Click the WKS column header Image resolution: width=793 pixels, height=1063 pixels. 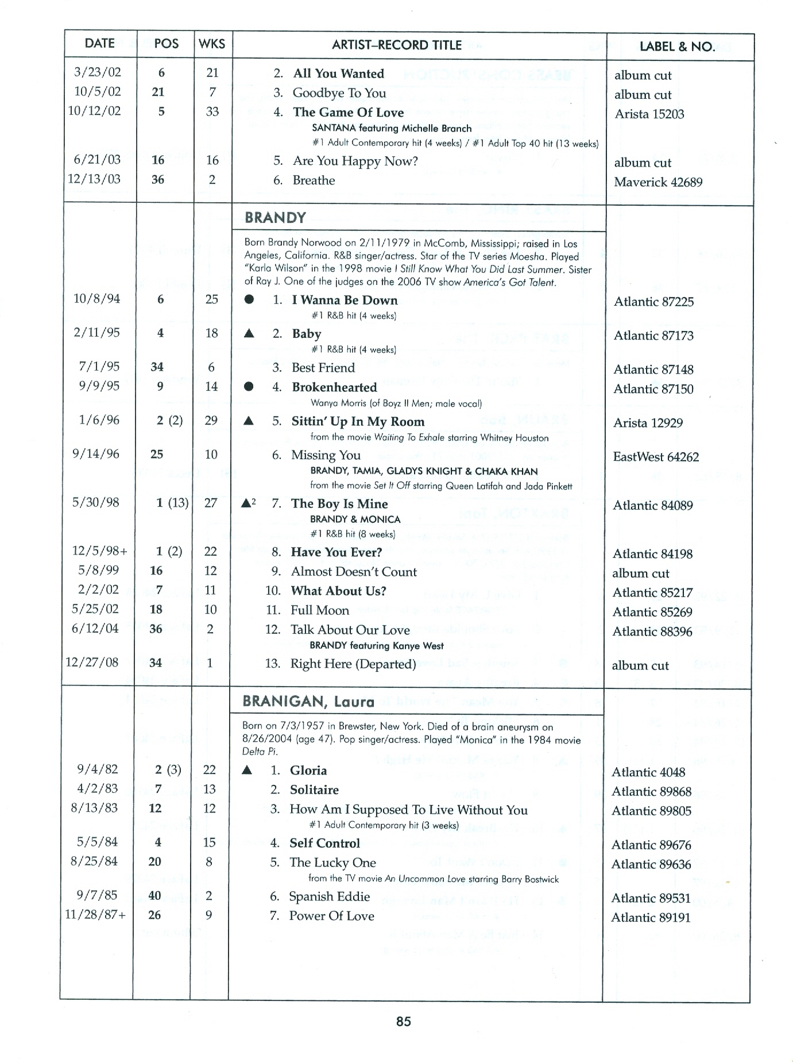[212, 44]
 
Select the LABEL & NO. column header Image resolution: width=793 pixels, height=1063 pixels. [678, 47]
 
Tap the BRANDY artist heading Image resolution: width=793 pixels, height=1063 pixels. [275, 217]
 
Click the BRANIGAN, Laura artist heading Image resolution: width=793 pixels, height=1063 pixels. [308, 701]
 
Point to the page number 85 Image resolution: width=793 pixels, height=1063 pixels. [403, 1021]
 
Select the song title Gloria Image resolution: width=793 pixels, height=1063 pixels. [308, 771]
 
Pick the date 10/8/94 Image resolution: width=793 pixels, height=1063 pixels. [97, 298]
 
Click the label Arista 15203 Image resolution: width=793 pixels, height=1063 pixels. [649, 114]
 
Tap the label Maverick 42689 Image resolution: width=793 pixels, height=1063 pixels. [658, 182]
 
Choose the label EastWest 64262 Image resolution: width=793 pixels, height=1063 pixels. [656, 457]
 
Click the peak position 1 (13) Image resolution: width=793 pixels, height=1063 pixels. [172, 503]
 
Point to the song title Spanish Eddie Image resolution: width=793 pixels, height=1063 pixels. [329, 897]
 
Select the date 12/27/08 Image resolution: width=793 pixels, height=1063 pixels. [92, 662]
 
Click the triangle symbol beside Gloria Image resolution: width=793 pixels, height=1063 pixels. [247, 771]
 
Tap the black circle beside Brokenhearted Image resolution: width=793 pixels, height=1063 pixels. [249, 387]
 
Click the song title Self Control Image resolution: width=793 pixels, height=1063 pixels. [324, 844]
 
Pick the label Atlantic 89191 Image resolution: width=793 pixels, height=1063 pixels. [651, 918]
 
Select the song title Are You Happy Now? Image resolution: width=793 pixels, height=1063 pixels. [355, 161]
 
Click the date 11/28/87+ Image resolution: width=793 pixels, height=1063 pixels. [95, 915]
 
